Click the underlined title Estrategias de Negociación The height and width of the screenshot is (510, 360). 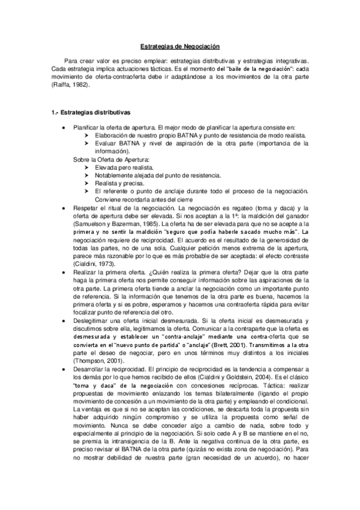pos(180,46)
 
